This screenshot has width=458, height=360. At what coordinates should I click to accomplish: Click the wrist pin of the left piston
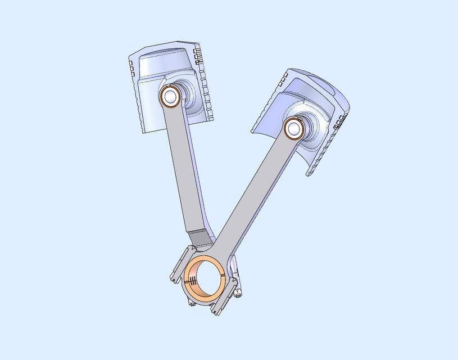point(169,96)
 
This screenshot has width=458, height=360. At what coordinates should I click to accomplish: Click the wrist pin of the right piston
point(293,129)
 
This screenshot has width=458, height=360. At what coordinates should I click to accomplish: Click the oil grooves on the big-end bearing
point(192,280)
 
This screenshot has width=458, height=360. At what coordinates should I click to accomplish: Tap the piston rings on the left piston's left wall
point(133,79)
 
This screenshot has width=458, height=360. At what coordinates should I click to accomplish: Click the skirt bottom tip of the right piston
point(308,174)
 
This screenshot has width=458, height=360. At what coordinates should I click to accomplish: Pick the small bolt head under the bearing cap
point(192,303)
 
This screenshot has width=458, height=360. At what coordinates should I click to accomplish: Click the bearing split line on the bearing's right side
point(225,274)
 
